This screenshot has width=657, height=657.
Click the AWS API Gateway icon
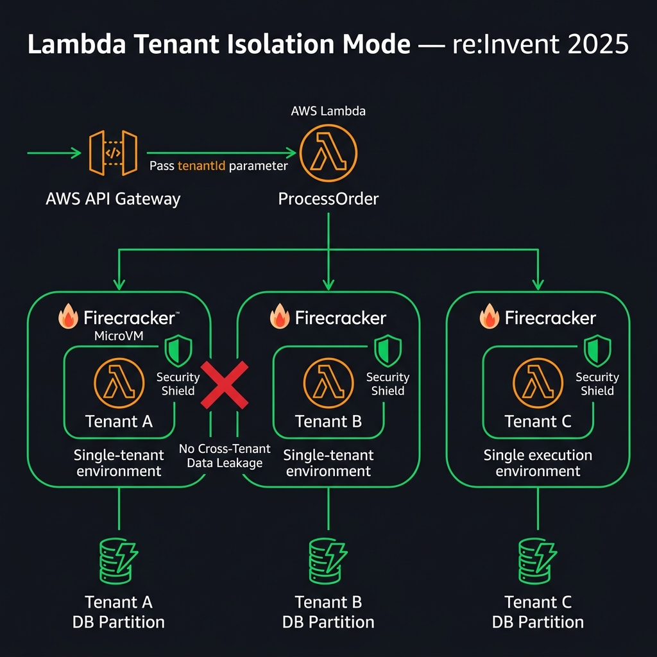click(x=113, y=154)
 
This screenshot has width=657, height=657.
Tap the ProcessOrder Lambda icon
click(x=328, y=154)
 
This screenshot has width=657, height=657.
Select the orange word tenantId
click(x=201, y=166)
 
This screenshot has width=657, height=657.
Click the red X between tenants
click(x=225, y=384)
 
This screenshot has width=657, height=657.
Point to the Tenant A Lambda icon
click(x=119, y=384)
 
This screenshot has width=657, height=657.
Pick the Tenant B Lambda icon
click(x=328, y=384)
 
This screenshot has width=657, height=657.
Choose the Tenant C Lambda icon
click(x=538, y=384)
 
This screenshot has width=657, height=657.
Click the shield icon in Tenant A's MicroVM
click(x=178, y=352)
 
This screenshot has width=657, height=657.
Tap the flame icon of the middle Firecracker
click(x=280, y=317)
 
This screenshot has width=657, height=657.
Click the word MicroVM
click(x=119, y=337)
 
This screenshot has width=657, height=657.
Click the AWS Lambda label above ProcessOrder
click(x=328, y=110)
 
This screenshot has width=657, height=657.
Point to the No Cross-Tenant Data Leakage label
click(x=225, y=456)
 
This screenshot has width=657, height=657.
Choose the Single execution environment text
click(x=538, y=463)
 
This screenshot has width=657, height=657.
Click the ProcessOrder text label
click(x=328, y=199)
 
